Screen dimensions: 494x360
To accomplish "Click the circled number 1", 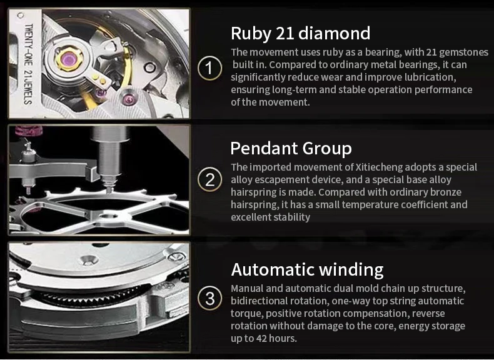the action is (210, 68).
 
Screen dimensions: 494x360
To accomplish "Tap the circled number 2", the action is (210, 180).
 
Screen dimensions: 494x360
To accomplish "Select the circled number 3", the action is (210, 298).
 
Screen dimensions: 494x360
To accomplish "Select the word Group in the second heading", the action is (326, 149).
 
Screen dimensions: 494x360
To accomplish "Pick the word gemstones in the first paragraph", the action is (464, 52).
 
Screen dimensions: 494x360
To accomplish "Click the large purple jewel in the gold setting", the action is (69, 58).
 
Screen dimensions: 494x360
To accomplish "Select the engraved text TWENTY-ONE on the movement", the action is (29, 44).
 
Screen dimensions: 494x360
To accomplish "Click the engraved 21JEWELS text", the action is (28, 87).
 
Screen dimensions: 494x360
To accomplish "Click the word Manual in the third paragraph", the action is (247, 289).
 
